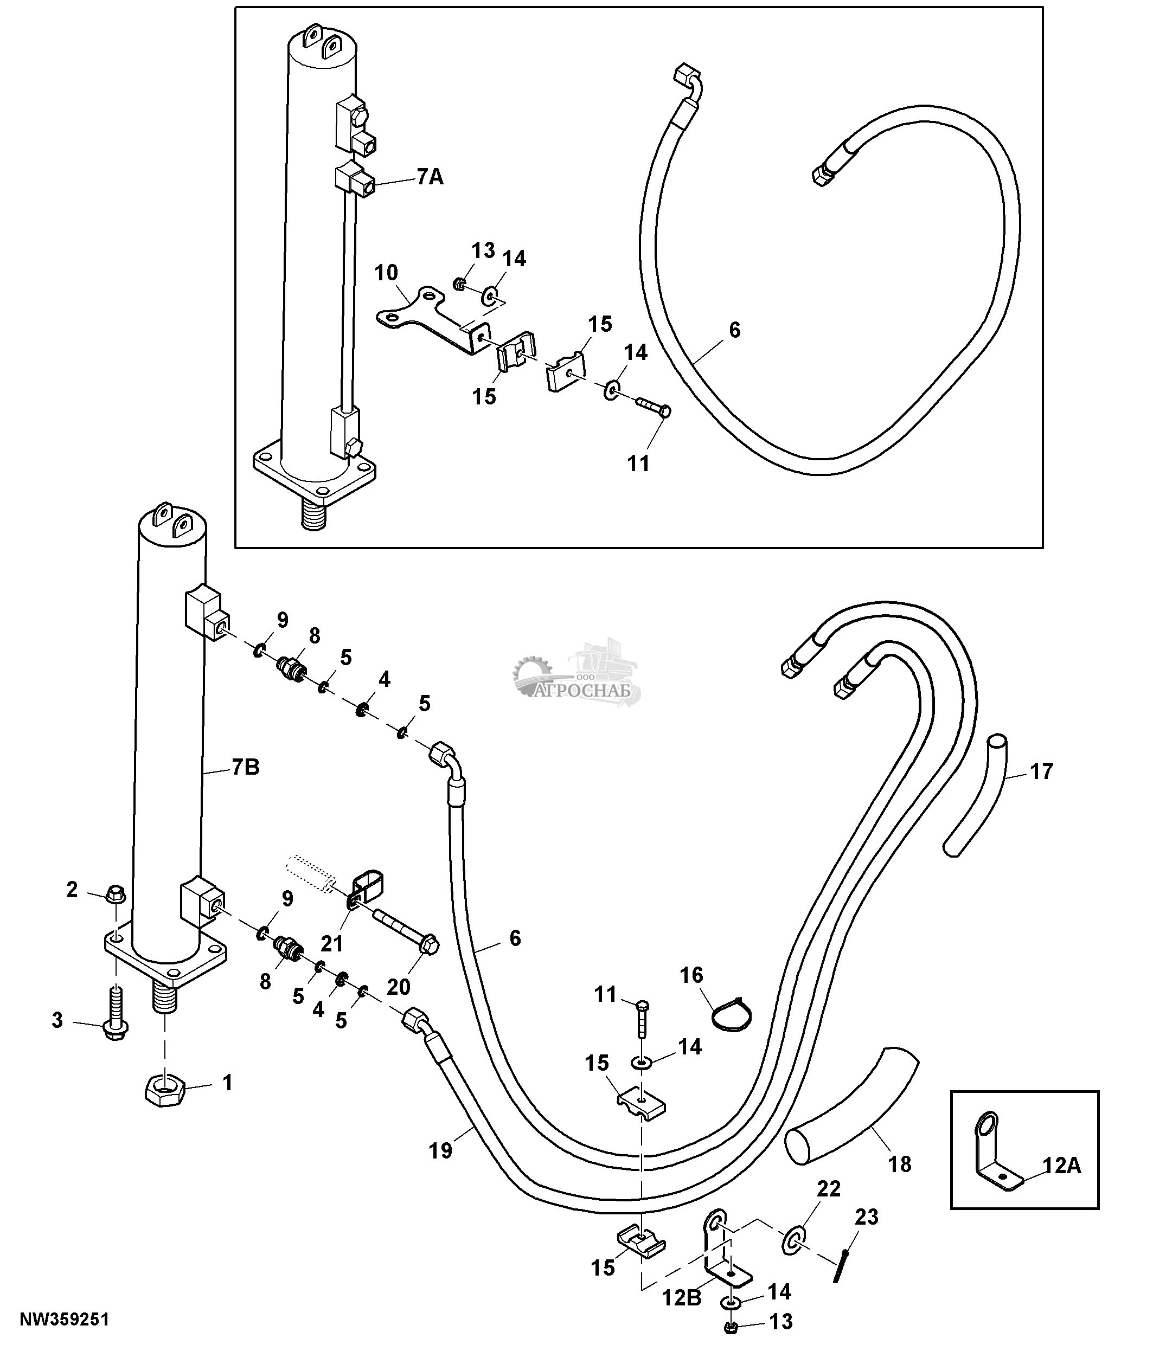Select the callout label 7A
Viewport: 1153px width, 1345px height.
tap(430, 177)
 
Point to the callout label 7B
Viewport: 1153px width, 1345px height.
tap(245, 767)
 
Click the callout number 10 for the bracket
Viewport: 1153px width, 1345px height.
tap(386, 273)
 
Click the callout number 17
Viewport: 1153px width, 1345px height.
tap(1041, 772)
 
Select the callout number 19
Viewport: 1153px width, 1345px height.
tap(440, 1151)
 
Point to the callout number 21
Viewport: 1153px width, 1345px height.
tap(332, 943)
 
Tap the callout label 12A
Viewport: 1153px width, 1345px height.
tap(1062, 1166)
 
